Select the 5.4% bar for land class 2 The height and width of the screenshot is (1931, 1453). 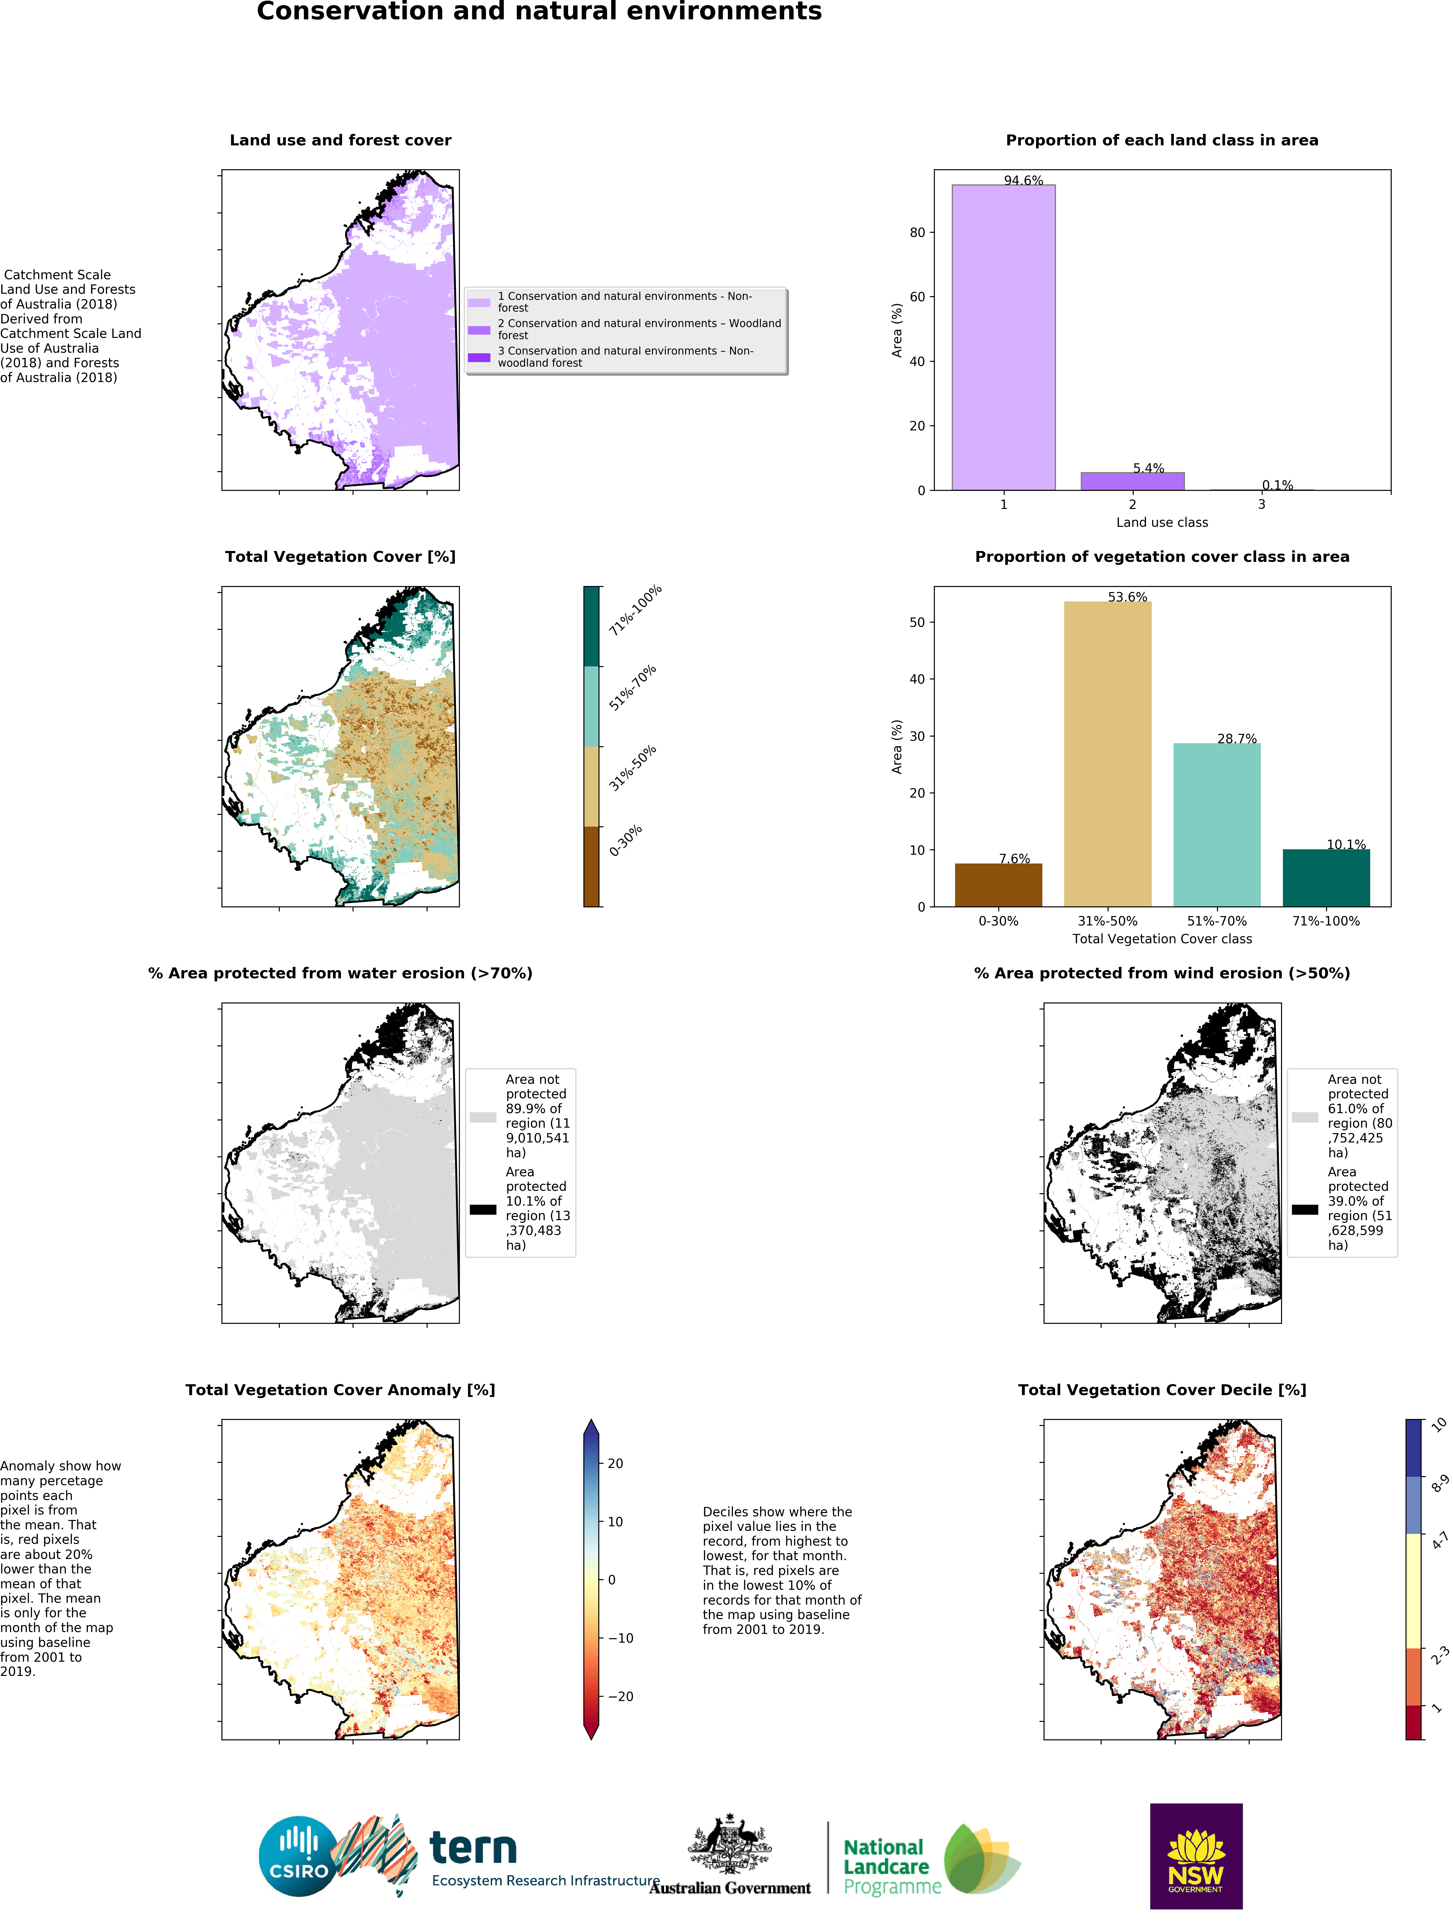1132,481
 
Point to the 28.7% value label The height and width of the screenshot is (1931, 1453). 1237,739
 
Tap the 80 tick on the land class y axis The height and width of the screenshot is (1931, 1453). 916,232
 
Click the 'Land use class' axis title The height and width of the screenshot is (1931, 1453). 1161,522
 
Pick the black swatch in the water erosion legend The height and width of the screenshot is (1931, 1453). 483,1209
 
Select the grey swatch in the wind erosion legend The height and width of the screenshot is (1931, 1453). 1305,1116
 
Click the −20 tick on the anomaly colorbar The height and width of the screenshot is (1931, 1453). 620,1696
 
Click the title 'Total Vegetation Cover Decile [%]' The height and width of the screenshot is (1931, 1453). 1161,1390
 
